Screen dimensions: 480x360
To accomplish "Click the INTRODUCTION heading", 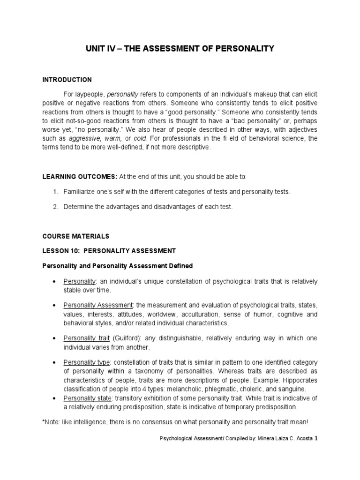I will [67, 80].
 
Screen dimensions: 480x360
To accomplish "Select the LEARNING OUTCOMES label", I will [79, 176].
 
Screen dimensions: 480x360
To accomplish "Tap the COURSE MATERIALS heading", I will [75, 235].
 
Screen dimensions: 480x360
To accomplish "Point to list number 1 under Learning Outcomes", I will [55, 191].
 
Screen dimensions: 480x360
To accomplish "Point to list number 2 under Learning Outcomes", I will [55, 206].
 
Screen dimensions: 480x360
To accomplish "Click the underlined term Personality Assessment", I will [98, 306].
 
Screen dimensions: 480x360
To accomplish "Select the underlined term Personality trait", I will [87, 338].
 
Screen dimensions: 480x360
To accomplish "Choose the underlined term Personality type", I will [87, 362].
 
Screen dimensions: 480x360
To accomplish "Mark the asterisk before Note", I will [44, 422].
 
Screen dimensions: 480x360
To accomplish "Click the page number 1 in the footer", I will [316, 439].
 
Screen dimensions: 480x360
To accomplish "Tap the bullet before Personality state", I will [55, 398].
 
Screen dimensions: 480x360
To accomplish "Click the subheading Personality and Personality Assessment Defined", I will [117, 266].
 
